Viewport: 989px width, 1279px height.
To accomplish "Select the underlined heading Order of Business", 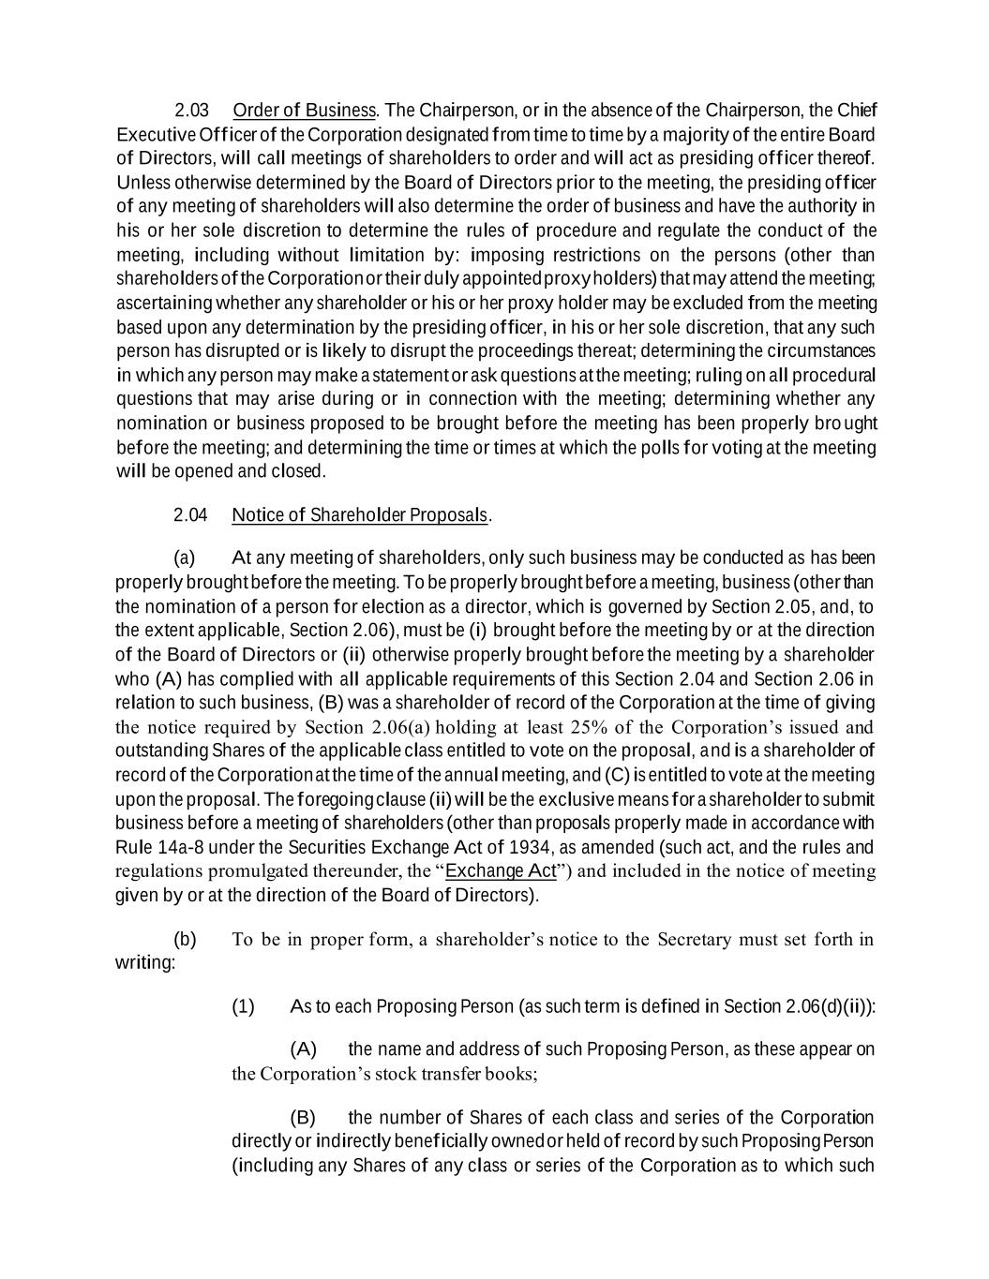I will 304,111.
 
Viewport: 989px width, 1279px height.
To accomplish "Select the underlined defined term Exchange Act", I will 501,871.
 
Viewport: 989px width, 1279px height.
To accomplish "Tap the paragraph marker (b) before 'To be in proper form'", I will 186,939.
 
